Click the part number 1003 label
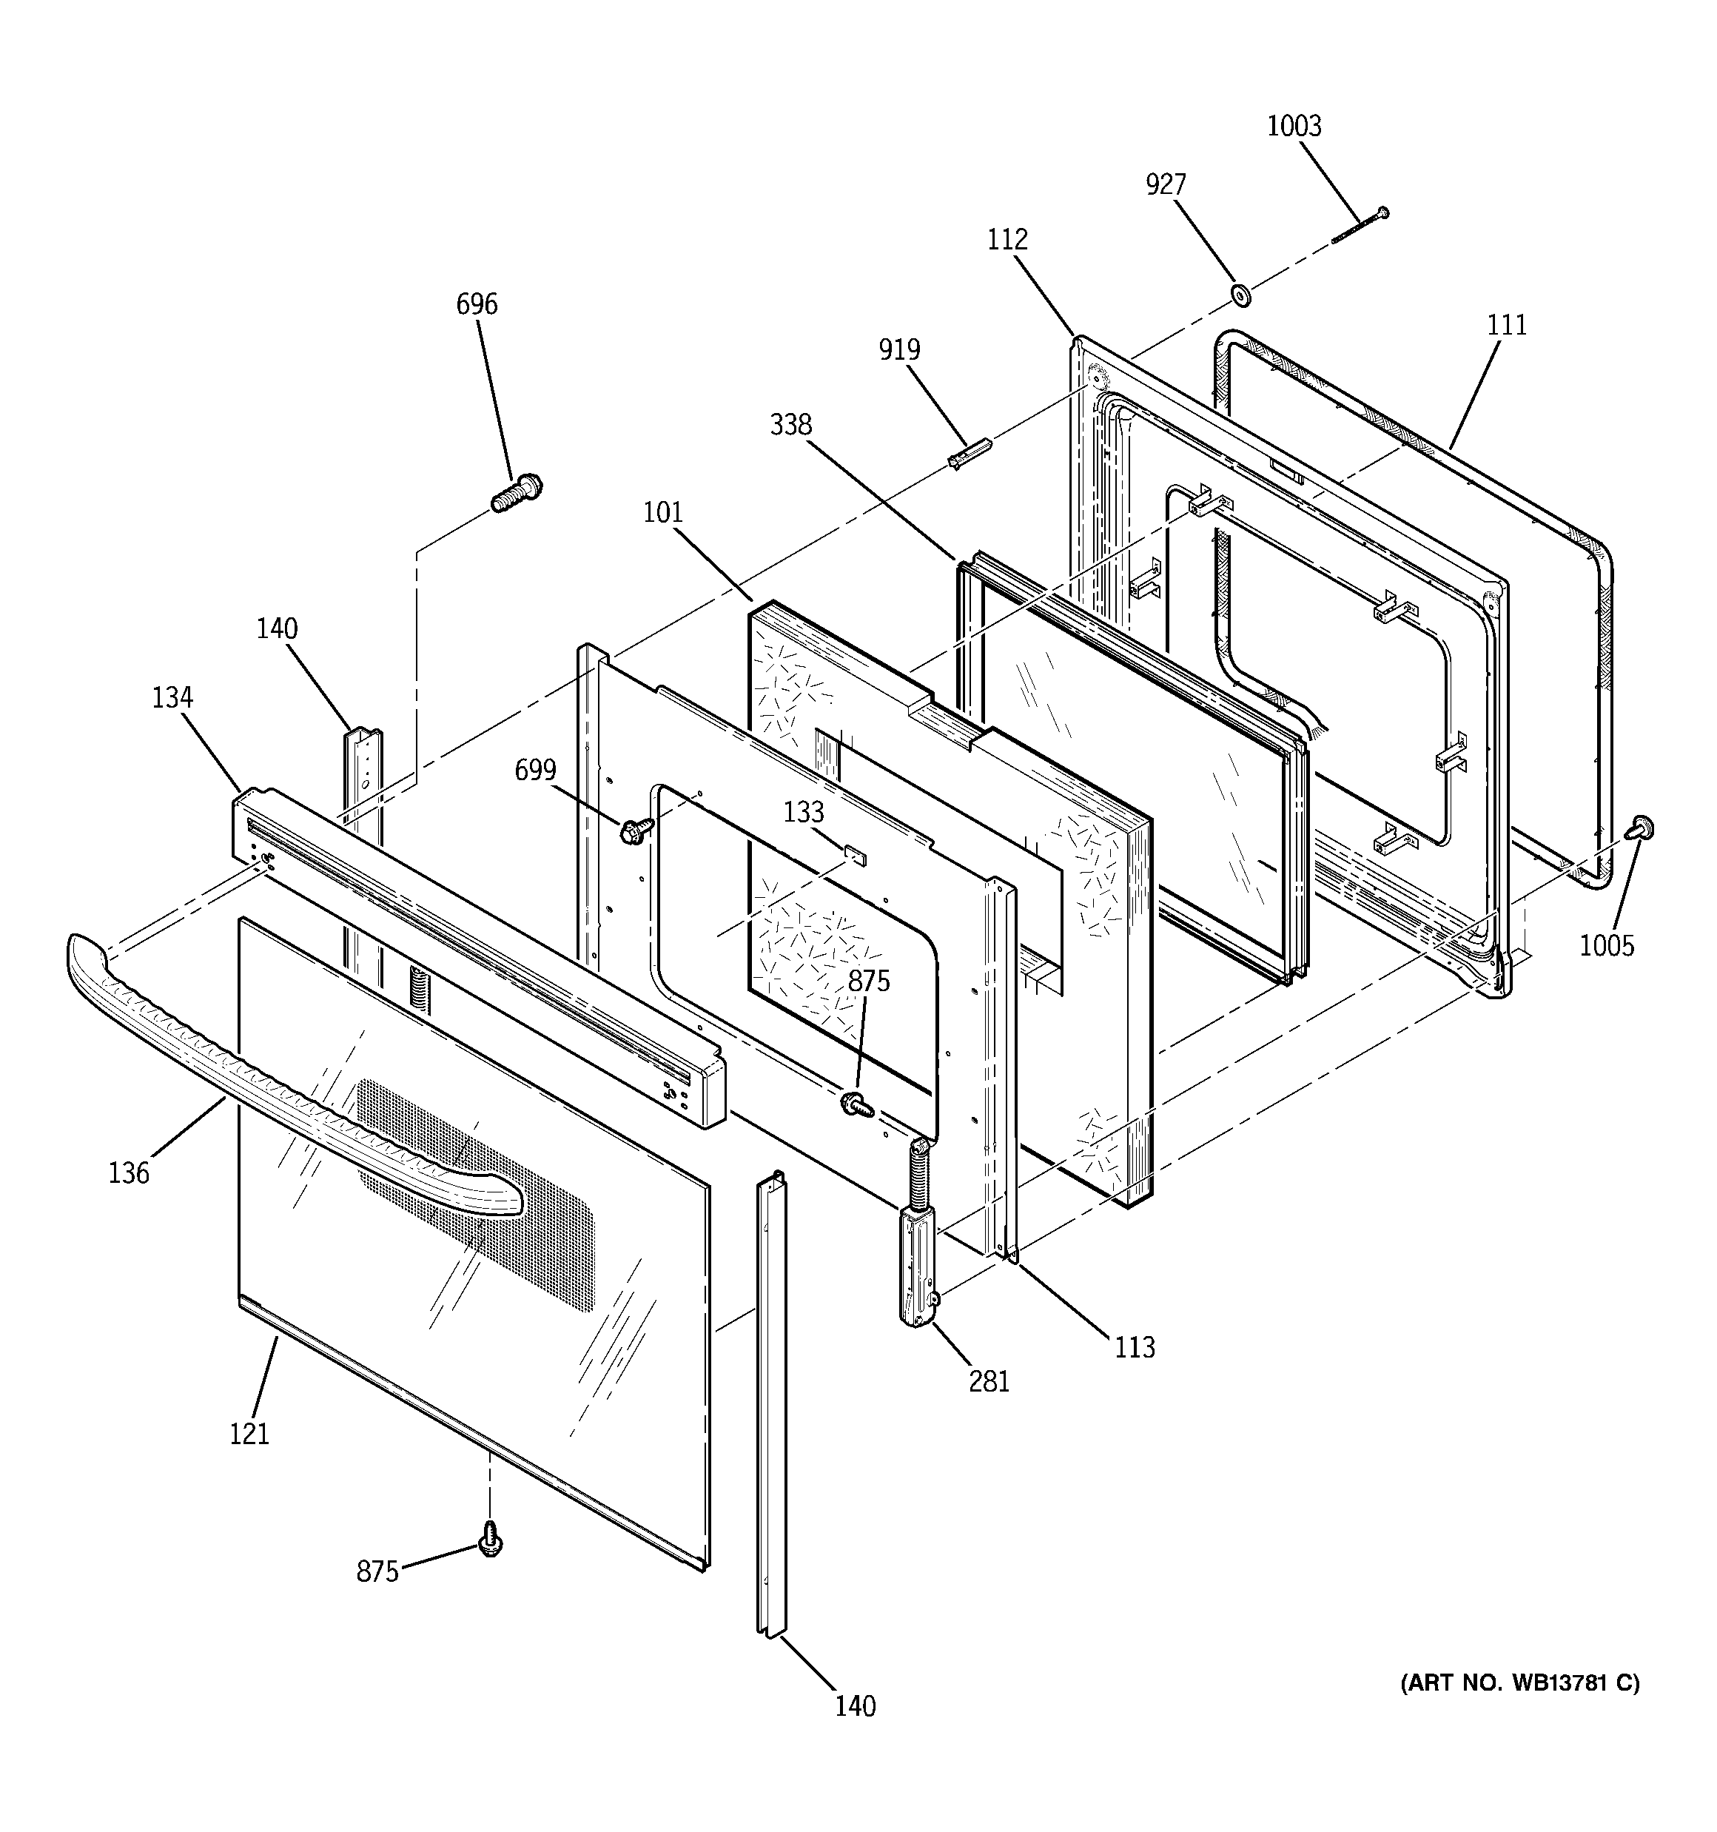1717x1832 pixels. click(1293, 127)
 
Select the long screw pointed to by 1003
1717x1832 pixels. click(1360, 226)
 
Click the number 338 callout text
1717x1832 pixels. click(790, 425)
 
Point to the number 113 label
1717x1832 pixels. click(1134, 1347)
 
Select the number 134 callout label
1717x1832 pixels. click(172, 697)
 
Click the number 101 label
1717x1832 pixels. click(662, 512)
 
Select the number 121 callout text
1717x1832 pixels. click(249, 1434)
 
